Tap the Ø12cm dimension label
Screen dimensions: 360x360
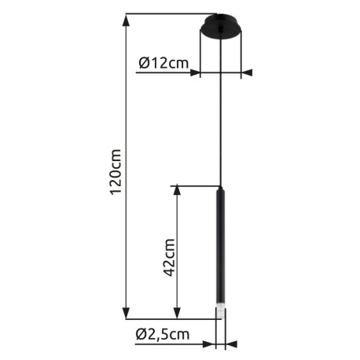coord(163,63)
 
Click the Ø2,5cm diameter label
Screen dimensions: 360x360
coord(163,334)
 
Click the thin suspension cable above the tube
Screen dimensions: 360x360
coord(221,118)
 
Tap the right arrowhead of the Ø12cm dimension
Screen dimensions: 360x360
coord(247,73)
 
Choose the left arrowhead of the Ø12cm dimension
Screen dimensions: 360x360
coord(195,73)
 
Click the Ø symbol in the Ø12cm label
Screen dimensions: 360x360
coord(144,63)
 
